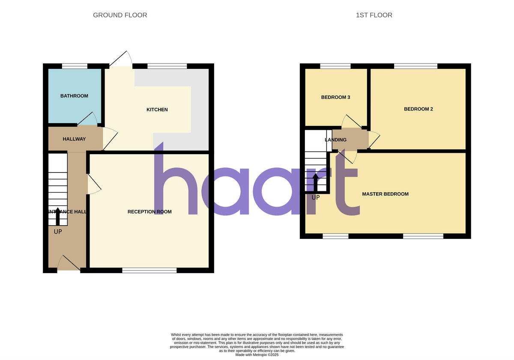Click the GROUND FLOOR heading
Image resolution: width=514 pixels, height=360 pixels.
(120, 15)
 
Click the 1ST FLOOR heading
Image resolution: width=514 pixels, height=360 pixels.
(374, 15)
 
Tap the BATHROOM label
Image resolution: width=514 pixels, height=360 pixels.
(74, 96)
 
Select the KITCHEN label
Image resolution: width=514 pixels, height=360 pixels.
(157, 110)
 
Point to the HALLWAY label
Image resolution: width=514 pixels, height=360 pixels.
(74, 139)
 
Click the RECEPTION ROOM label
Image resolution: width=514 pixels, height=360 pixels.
(149, 211)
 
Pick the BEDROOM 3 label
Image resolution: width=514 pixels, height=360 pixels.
(336, 97)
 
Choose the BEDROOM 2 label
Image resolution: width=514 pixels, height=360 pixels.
(418, 109)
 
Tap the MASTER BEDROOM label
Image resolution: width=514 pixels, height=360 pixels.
(385, 194)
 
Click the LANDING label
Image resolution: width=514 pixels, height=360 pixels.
(335, 140)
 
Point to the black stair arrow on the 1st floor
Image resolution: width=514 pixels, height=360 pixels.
(316, 181)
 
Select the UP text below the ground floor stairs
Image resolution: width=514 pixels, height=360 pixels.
(58, 232)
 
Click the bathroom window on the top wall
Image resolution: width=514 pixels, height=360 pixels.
(75, 66)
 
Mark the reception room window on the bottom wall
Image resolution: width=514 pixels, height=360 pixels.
(149, 270)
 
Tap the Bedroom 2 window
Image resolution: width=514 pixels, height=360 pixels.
(415, 66)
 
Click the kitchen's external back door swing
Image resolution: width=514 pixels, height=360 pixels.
(121, 60)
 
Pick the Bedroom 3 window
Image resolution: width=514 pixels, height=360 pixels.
(335, 66)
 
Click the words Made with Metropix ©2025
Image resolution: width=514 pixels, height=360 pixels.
(257, 355)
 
